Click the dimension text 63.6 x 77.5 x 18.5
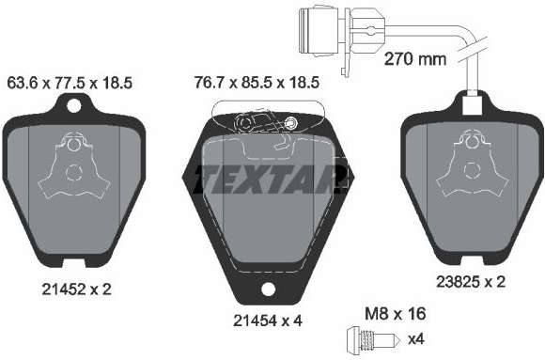click(70, 84)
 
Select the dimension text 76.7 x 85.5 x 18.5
click(257, 83)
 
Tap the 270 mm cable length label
click(415, 59)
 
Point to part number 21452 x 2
click(76, 290)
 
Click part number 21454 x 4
click(268, 321)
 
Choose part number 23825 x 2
click(471, 281)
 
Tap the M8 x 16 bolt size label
click(396, 314)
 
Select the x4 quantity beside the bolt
click(416, 339)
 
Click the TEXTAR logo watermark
click(272, 180)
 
